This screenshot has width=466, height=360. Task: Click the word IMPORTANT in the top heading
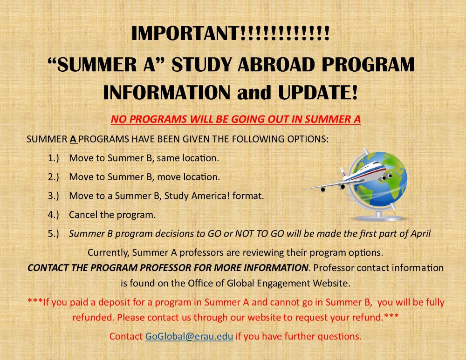click(185, 33)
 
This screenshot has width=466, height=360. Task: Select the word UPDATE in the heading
click(315, 92)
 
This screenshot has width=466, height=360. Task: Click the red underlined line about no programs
click(236, 119)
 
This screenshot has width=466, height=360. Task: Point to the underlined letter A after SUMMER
click(73, 139)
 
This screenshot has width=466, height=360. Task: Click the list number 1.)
click(54, 158)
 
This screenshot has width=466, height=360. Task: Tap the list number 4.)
click(54, 215)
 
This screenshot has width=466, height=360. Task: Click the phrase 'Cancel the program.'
click(112, 215)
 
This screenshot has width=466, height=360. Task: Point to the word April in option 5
click(420, 234)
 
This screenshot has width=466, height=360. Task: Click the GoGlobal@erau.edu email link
click(189, 336)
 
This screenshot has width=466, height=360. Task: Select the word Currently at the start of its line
click(109, 253)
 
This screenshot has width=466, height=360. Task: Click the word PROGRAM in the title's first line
click(368, 64)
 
